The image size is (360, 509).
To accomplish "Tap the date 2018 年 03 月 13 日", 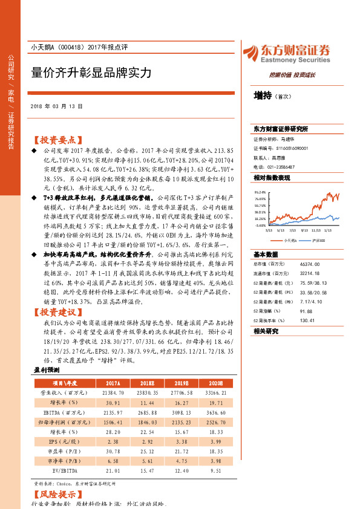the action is pos(56,106).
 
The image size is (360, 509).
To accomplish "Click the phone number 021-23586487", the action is pos(281,166).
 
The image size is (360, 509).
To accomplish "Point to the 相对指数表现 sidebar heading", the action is pos(272,178).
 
